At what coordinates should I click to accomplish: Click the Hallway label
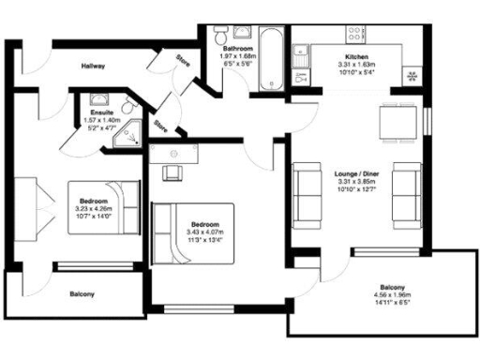[x=92, y=67]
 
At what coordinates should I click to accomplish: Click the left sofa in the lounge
[x=307, y=191]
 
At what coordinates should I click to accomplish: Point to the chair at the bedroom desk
[x=172, y=172]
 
